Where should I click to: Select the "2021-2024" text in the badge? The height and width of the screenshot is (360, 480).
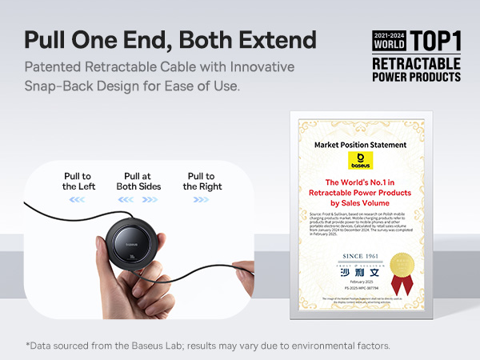tap(390, 36)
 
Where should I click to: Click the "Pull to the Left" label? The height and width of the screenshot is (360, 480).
tap(77, 181)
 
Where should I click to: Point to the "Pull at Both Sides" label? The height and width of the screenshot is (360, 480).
tap(142, 181)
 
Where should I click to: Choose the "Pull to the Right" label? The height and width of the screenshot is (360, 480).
tap(201, 181)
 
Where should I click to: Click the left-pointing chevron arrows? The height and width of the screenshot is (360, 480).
tap(77, 200)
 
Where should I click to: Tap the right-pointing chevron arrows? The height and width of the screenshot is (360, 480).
tap(201, 200)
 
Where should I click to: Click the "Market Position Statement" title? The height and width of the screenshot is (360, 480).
tap(360, 145)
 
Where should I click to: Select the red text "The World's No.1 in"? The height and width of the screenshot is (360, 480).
tap(360, 182)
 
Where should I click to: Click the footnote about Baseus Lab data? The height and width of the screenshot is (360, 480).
tap(208, 346)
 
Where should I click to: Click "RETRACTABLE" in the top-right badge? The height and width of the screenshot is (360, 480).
tap(416, 63)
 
